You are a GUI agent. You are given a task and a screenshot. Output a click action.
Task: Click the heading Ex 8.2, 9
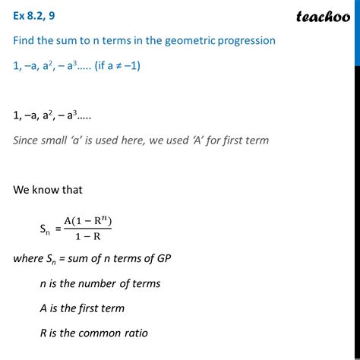pyautogui.click(x=37, y=14)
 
